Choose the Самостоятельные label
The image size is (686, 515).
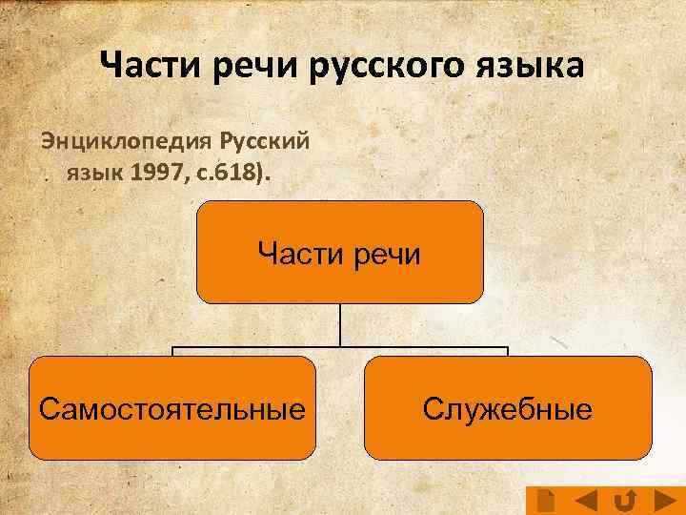(x=172, y=410)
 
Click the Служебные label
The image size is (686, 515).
(x=508, y=410)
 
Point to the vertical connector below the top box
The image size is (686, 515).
(x=340, y=324)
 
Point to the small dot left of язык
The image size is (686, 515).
(x=46, y=176)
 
